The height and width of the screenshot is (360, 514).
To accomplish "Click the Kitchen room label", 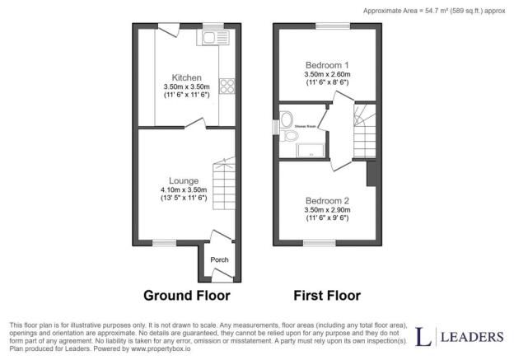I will pyautogui.click(x=186, y=77).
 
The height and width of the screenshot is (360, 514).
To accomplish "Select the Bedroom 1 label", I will pyautogui.click(x=327, y=65).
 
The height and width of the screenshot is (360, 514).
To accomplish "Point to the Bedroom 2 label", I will pyautogui.click(x=327, y=201).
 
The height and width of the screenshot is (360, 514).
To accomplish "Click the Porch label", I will pyautogui.click(x=219, y=260).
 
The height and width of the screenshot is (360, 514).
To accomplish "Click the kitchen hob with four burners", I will pyautogui.click(x=227, y=86).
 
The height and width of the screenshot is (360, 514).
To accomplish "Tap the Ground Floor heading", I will pyautogui.click(x=186, y=295).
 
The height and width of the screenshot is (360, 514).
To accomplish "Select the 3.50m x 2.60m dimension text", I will pyautogui.click(x=327, y=75).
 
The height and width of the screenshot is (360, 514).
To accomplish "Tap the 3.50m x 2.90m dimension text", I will pyautogui.click(x=327, y=211).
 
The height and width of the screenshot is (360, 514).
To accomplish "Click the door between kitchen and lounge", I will pyautogui.click(x=197, y=124).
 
